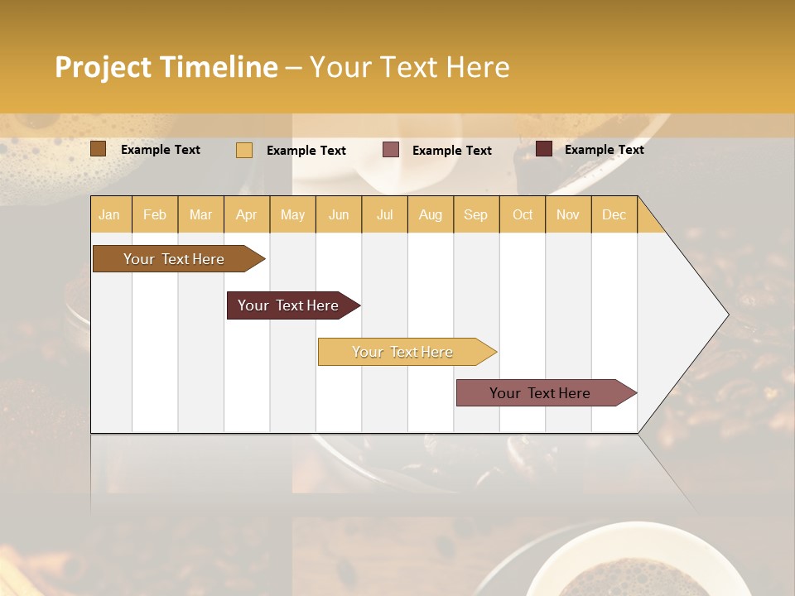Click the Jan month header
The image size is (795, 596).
pyautogui.click(x=109, y=214)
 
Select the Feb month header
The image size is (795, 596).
pyautogui.click(x=155, y=214)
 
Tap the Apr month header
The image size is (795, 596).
pyautogui.click(x=246, y=214)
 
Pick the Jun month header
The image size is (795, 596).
pyautogui.click(x=339, y=214)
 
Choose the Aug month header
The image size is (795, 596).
pyautogui.click(x=430, y=214)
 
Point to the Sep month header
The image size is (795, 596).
pyautogui.click(x=475, y=214)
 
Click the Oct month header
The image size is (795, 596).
pyautogui.click(x=523, y=214)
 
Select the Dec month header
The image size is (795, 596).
pyautogui.click(x=614, y=214)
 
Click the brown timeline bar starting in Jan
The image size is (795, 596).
pyautogui.click(x=175, y=259)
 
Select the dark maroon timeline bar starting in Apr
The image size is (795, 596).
pyautogui.click(x=289, y=305)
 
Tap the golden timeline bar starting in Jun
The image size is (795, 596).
pyautogui.click(x=403, y=352)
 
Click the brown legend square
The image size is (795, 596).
pyautogui.click(x=99, y=149)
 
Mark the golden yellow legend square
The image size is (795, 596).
pyautogui.click(x=244, y=150)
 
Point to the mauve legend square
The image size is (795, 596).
pyautogui.click(x=391, y=150)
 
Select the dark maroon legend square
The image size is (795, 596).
pyautogui.click(x=544, y=149)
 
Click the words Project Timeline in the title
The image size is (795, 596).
pyautogui.click(x=166, y=67)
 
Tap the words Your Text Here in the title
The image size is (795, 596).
pyautogui.click(x=409, y=67)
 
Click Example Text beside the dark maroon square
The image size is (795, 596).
pyautogui.click(x=604, y=150)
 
